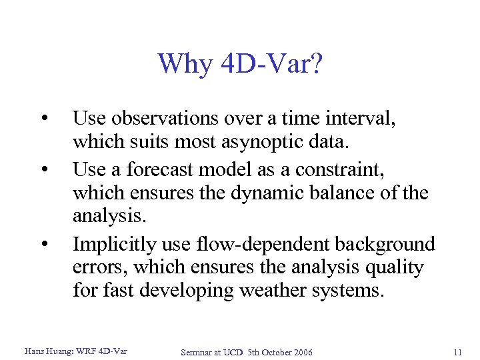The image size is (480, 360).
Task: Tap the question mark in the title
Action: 314,64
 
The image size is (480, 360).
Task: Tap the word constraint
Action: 335,169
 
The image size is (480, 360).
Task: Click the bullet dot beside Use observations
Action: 43,119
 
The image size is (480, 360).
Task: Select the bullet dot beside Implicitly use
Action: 43,245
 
